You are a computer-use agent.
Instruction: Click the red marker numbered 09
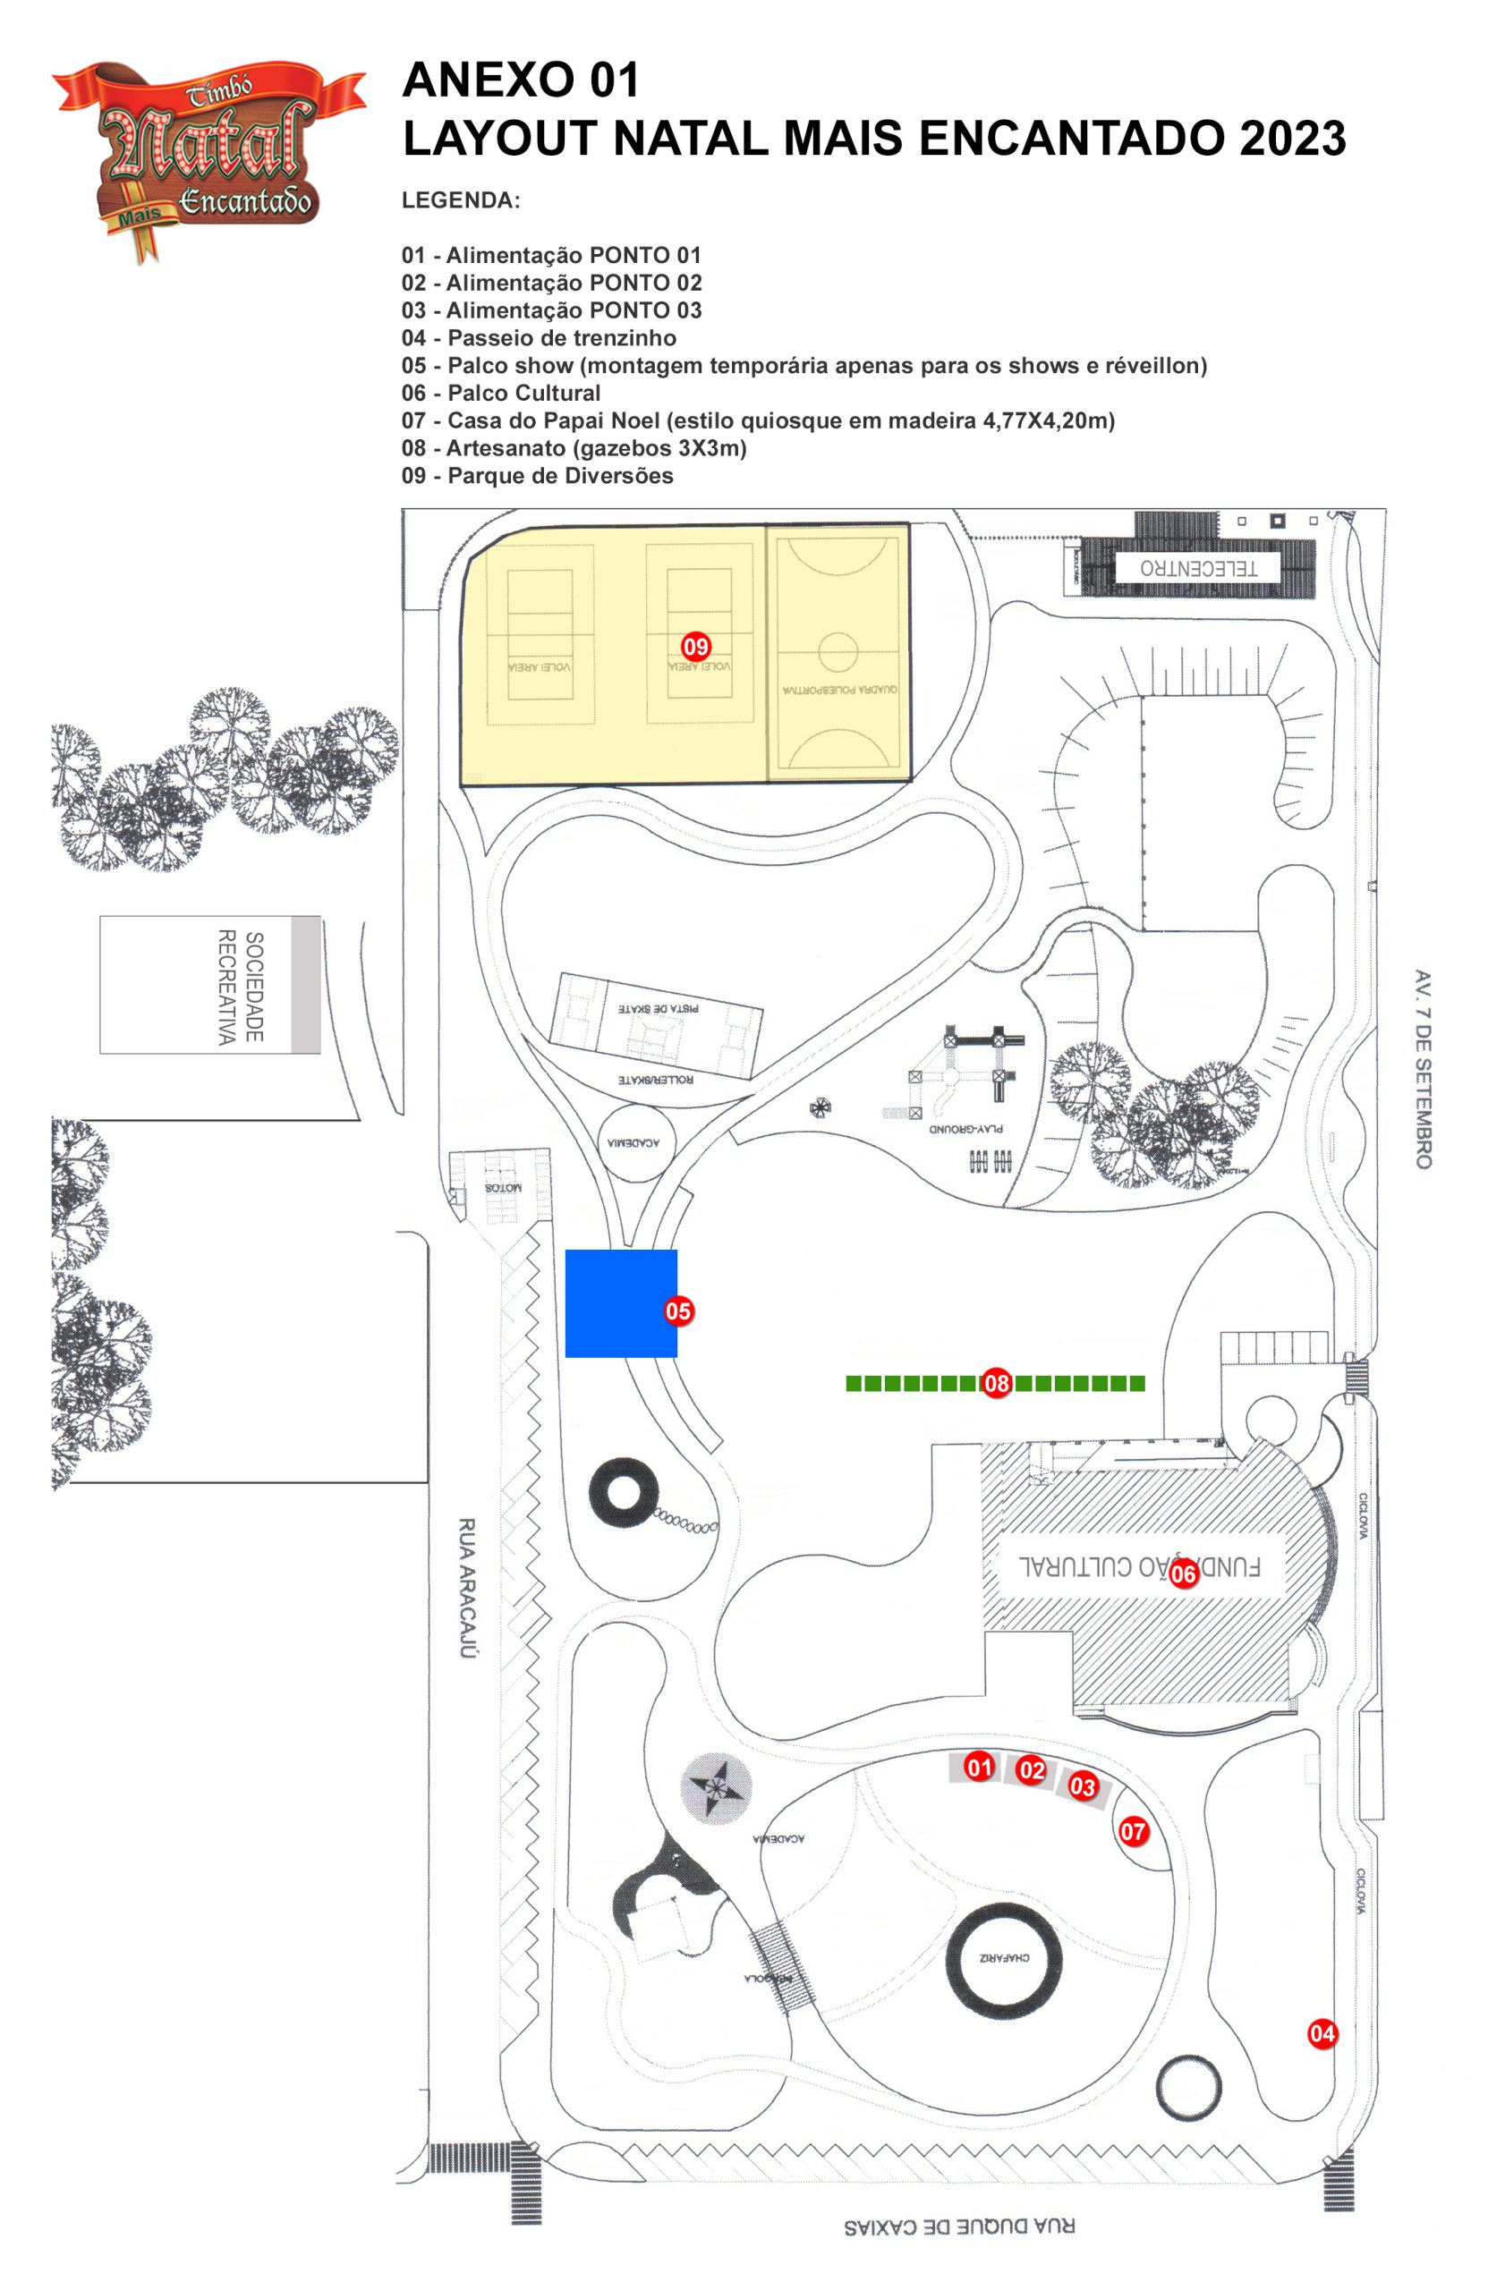pyautogui.click(x=695, y=646)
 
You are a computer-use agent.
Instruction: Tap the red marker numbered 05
pyautogui.click(x=678, y=1310)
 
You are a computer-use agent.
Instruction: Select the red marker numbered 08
pyautogui.click(x=996, y=1384)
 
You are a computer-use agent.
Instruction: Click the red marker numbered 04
pyautogui.click(x=1322, y=2033)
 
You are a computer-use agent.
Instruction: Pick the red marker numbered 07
pyautogui.click(x=1133, y=1831)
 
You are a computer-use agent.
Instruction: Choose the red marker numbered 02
pyautogui.click(x=1031, y=1769)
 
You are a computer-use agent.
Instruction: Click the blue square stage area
pyautogui.click(x=621, y=1302)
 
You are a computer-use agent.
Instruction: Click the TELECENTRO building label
pyautogui.click(x=1198, y=568)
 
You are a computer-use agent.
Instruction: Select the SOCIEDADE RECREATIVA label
pyautogui.click(x=240, y=987)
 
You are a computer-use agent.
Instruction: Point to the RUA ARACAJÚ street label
pyautogui.click(x=467, y=1589)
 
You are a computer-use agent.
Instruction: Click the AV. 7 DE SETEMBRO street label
pyautogui.click(x=1423, y=1068)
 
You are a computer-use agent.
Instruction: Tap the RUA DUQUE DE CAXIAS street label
pyautogui.click(x=958, y=2226)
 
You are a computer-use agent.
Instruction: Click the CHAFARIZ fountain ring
pyautogui.click(x=1004, y=1958)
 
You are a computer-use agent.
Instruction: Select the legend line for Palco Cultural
pyautogui.click(x=501, y=393)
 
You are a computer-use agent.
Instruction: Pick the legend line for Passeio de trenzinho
pyautogui.click(x=539, y=338)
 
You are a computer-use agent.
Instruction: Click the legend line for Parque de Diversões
pyautogui.click(x=537, y=475)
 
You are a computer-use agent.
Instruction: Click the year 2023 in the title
pyautogui.click(x=1292, y=138)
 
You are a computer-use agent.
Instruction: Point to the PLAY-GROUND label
pyautogui.click(x=965, y=1128)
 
